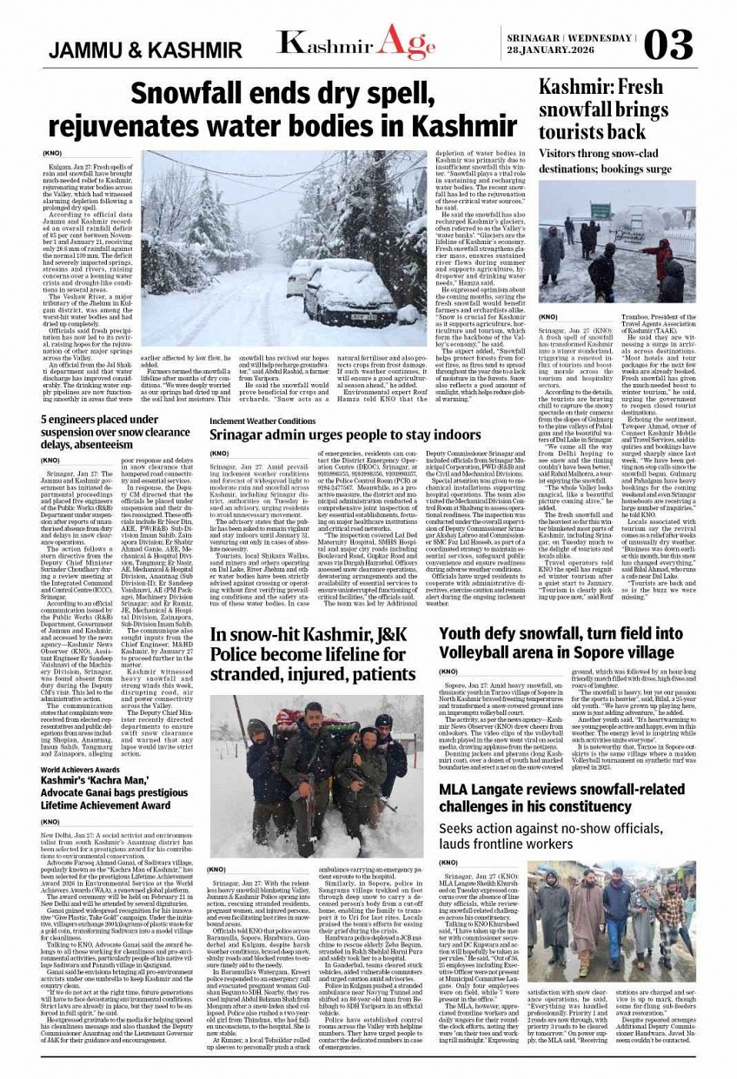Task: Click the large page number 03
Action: (x=669, y=43)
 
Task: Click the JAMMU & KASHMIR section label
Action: (x=145, y=50)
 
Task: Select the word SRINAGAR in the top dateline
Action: (x=532, y=38)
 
